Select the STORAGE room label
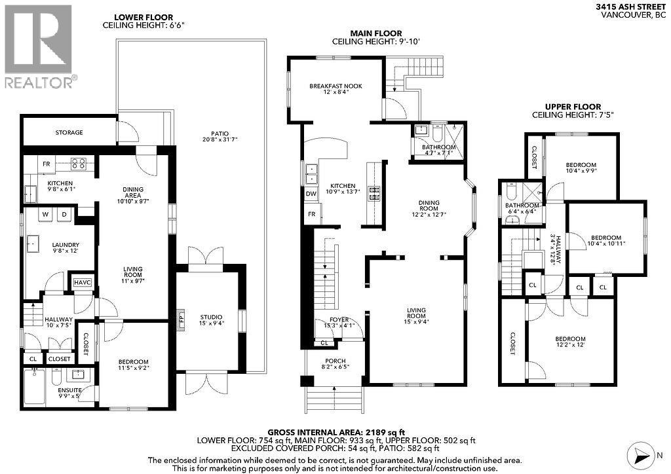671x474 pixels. tap(69, 133)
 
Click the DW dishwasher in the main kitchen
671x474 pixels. tap(310, 194)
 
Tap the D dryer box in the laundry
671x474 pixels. tap(64, 214)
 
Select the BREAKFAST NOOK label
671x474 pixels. tap(335, 86)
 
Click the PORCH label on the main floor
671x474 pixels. tap(335, 361)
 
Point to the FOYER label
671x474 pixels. tap(339, 319)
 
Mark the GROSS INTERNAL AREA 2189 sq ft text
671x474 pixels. tap(335, 432)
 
